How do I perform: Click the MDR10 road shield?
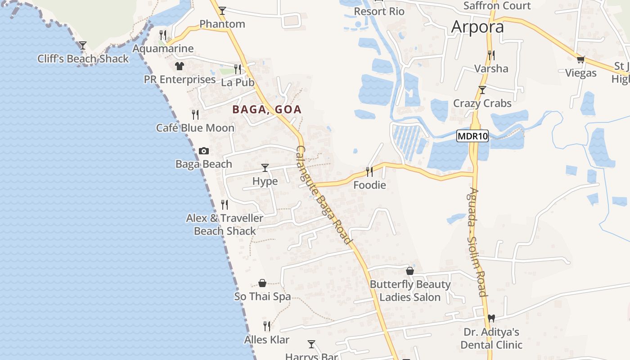click(472, 136)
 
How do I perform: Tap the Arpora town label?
click(477, 27)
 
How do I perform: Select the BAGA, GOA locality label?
click(267, 109)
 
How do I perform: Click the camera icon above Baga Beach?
click(204, 151)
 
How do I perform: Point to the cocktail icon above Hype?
click(265, 168)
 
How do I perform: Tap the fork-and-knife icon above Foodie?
click(369, 171)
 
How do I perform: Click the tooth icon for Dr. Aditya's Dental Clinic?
click(491, 318)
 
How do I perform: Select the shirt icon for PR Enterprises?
click(180, 66)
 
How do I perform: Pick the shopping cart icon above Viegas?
click(581, 59)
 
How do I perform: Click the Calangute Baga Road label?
click(324, 195)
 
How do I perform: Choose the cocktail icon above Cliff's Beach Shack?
click(83, 45)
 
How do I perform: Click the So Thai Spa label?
click(262, 297)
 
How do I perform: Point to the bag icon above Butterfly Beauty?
click(410, 271)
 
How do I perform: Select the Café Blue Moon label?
click(195, 128)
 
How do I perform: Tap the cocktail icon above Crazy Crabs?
click(482, 90)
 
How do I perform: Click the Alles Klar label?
click(267, 340)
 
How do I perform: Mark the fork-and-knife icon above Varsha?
click(491, 55)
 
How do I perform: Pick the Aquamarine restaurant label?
click(163, 49)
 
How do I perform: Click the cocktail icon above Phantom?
click(222, 11)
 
